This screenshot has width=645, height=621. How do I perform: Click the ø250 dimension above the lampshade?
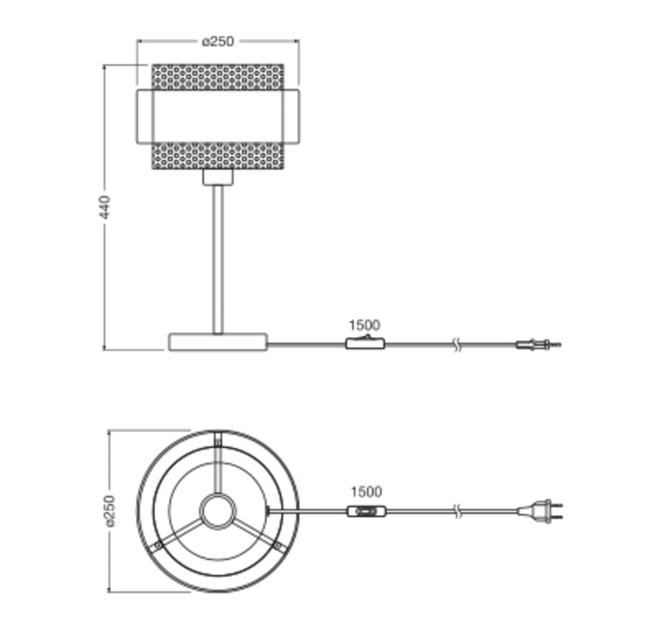(x=218, y=41)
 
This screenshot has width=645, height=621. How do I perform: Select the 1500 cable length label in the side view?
(x=364, y=325)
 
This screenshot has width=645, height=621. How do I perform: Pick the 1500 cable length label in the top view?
(x=366, y=491)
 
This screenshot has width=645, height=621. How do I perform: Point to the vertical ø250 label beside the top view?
(x=111, y=511)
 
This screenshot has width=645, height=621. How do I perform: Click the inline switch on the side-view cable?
(x=365, y=343)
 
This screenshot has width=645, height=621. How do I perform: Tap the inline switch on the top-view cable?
(x=367, y=511)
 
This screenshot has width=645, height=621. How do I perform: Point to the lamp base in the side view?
(x=218, y=341)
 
